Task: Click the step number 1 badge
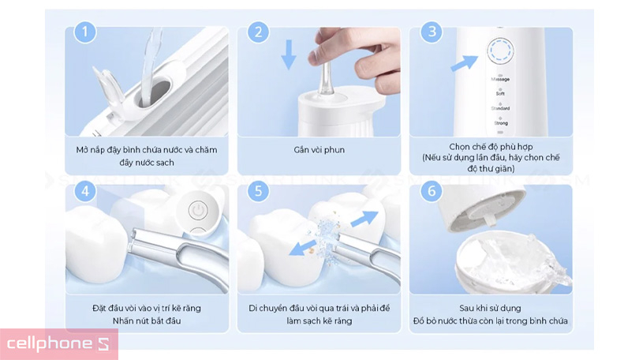point(84,32)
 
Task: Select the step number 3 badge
point(431,32)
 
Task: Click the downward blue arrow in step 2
point(289,54)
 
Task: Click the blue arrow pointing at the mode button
point(465,62)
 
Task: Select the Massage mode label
point(500,80)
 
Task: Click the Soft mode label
point(500,94)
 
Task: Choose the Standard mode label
point(500,108)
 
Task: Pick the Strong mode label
point(500,122)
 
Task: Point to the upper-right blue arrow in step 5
point(364,219)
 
